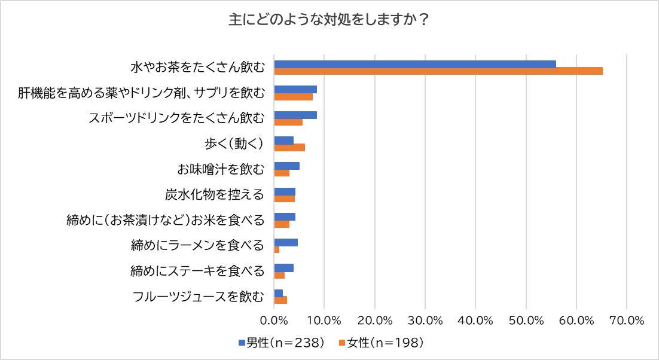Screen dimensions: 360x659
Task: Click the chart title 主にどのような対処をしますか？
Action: (329, 20)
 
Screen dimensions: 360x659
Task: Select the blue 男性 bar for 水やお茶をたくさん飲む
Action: (414, 64)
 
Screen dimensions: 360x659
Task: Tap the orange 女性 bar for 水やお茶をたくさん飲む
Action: (438, 71)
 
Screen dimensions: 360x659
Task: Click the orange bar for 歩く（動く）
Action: (289, 148)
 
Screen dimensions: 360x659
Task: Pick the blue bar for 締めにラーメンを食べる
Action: (286, 242)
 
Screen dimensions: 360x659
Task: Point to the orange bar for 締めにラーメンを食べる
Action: (277, 249)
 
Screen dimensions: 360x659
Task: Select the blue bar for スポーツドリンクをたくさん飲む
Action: (295, 115)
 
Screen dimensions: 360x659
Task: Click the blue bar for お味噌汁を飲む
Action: (286, 166)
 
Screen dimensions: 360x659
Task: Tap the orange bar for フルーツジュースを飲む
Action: (280, 300)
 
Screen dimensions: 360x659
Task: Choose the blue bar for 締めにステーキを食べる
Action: (283, 267)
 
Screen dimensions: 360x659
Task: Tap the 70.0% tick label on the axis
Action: (627, 320)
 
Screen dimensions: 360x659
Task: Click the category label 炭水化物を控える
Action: (215, 195)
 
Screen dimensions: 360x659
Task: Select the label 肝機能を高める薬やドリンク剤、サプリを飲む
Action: (141, 93)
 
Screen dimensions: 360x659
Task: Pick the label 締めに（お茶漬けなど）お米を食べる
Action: (165, 221)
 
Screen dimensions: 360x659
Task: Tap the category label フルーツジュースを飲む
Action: (198, 297)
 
